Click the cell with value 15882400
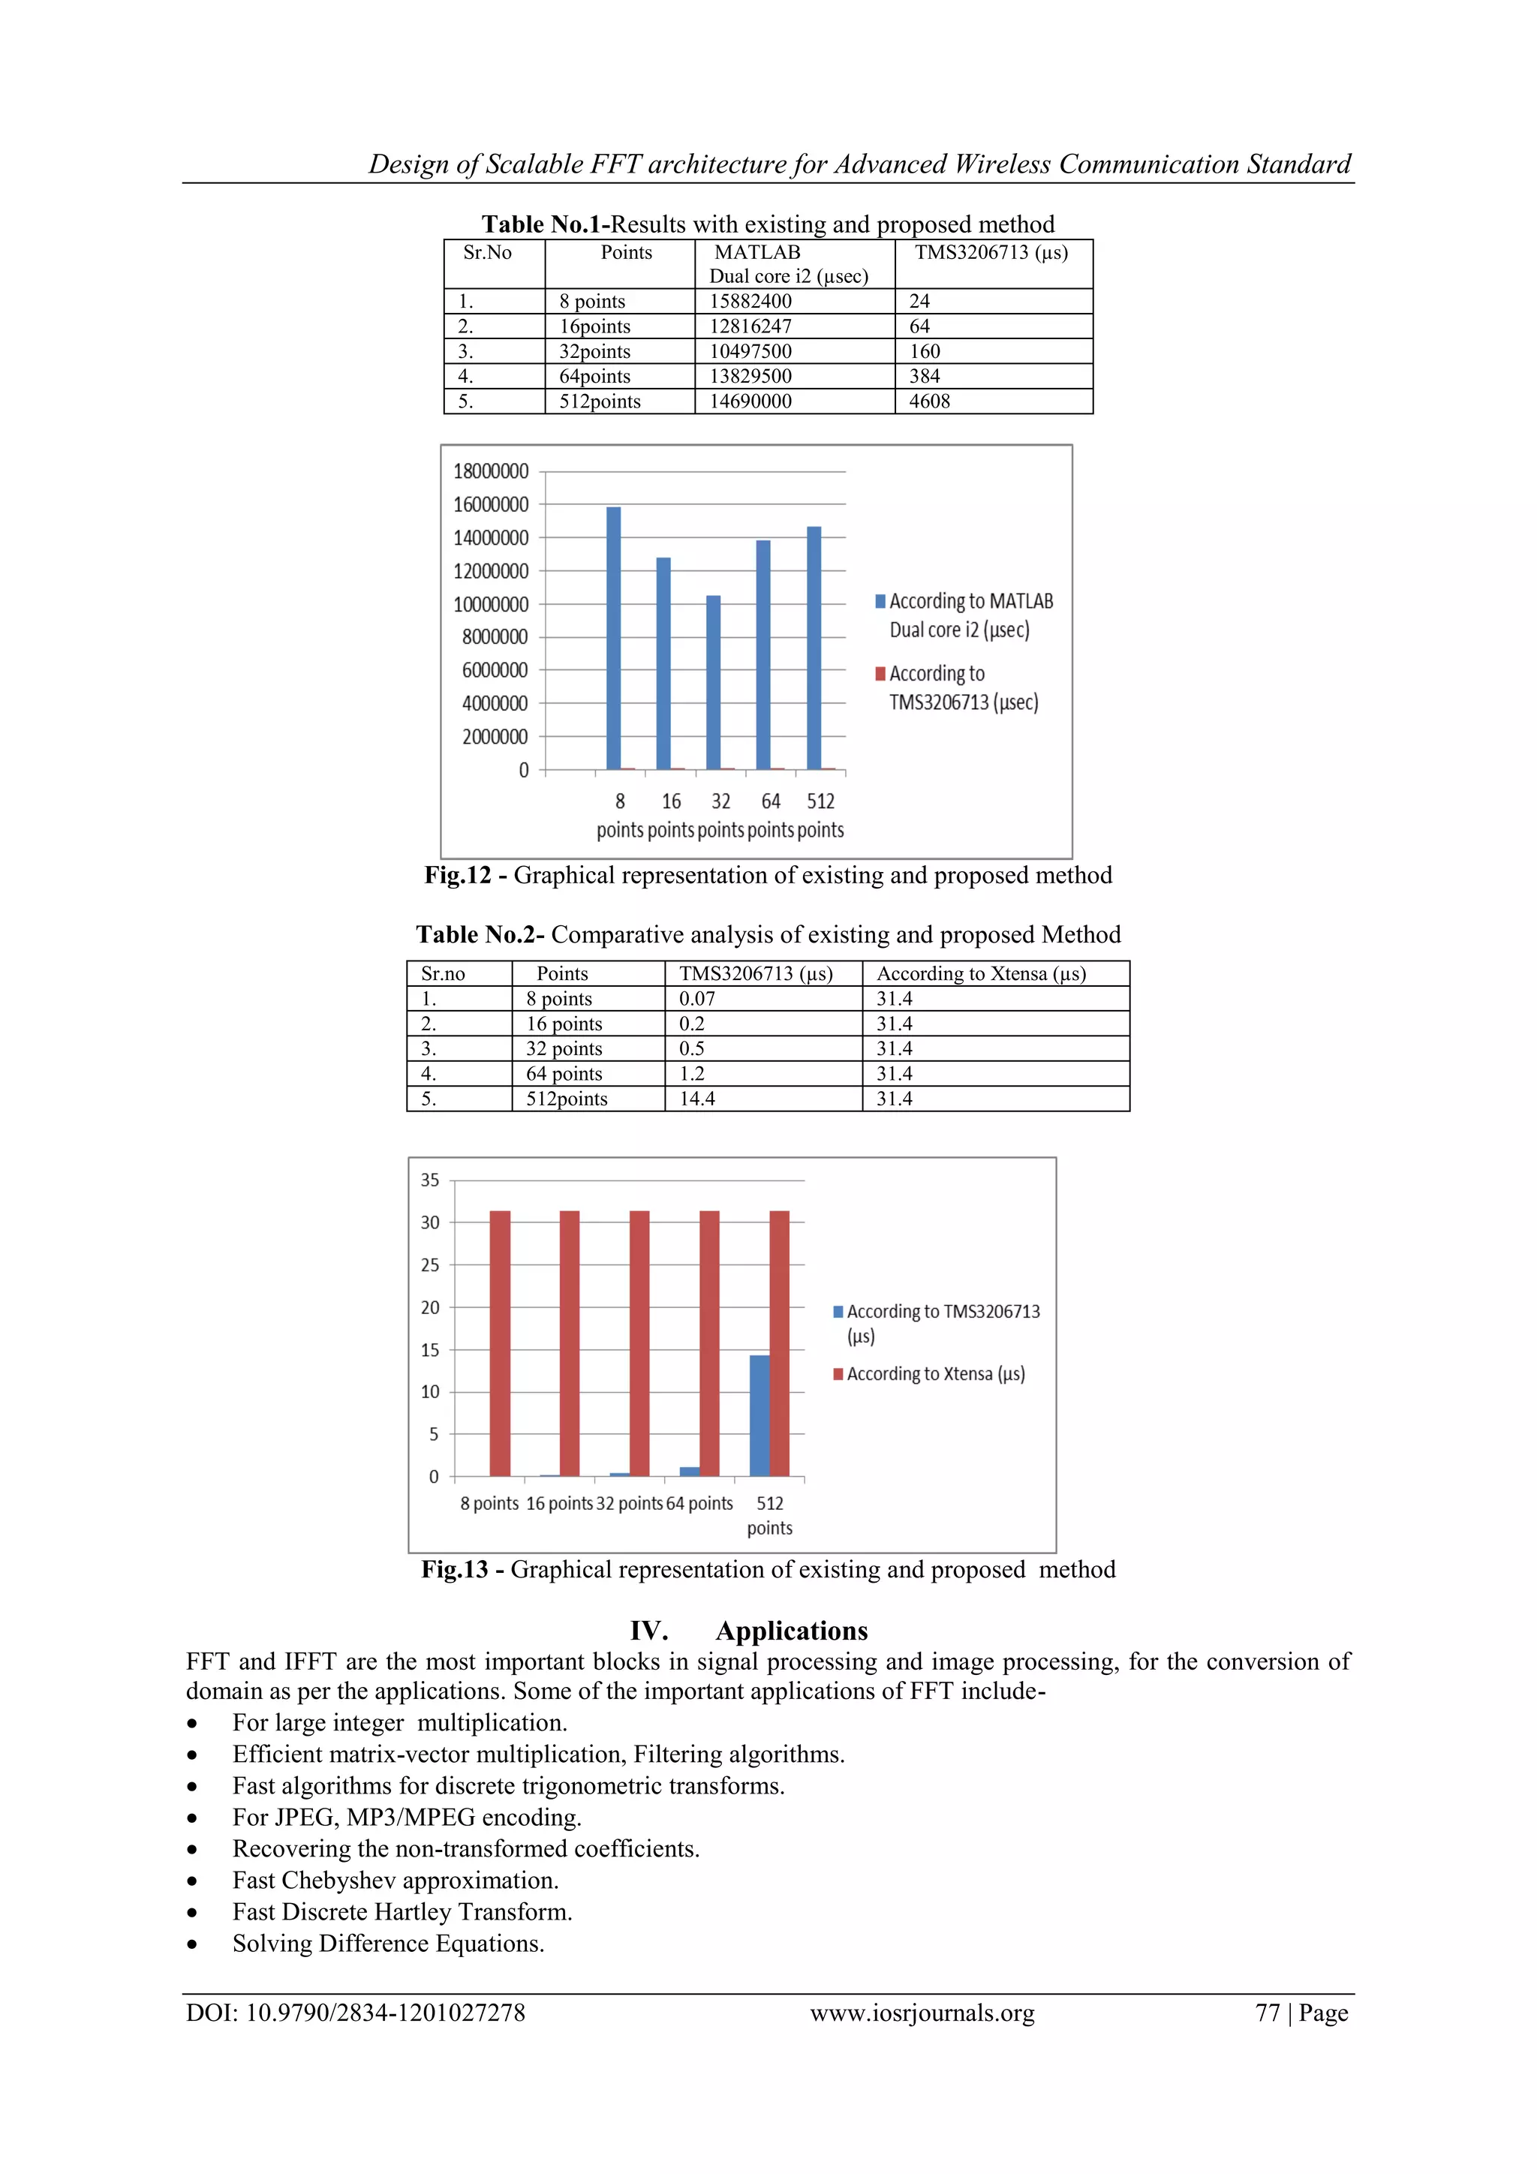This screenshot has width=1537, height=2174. point(750,301)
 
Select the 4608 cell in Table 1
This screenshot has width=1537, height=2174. point(929,401)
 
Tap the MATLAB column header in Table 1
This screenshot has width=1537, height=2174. point(756,253)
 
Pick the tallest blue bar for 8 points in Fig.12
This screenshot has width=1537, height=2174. point(614,639)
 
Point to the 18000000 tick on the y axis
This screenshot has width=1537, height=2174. point(491,471)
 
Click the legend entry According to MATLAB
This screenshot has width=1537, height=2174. point(970,602)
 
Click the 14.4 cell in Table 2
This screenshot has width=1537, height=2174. point(697,1099)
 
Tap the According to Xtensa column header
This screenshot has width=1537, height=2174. point(981,973)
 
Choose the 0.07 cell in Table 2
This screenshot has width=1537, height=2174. point(697,999)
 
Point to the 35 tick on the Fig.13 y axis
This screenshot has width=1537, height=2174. point(430,1180)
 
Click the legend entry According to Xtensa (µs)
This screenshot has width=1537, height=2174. point(934,1374)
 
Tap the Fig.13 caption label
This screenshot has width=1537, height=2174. point(456,1569)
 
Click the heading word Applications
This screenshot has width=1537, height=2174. point(791,1631)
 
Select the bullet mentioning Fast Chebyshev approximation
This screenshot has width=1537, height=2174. point(395,1881)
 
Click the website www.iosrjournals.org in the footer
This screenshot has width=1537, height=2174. point(922,2013)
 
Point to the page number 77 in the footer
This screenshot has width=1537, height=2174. point(1267,2013)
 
